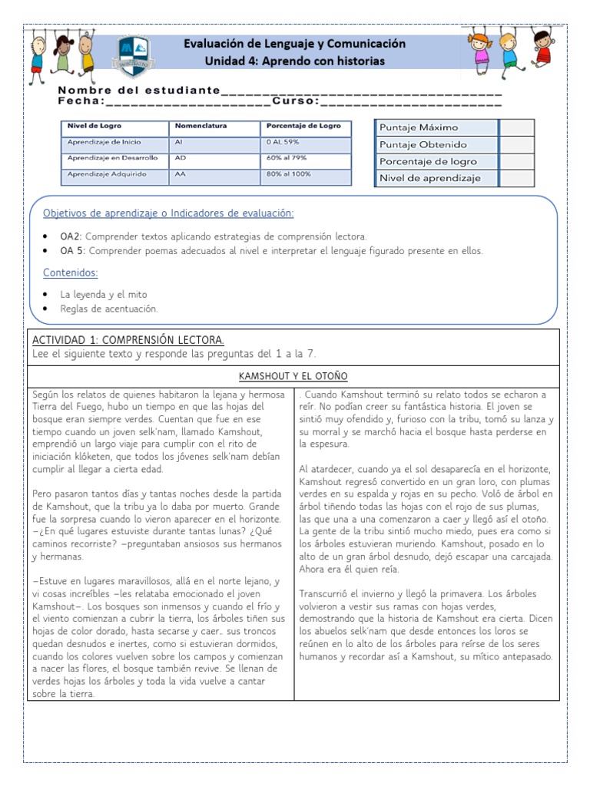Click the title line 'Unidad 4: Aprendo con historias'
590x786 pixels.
coord(295,61)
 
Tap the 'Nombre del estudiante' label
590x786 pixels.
coord(138,91)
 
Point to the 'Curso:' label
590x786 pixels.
coord(296,101)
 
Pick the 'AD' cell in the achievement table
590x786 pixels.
coord(181,158)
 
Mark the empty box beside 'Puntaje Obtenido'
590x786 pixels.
coord(516,144)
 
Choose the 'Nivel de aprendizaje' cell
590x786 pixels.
coord(430,178)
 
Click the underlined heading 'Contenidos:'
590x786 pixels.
coord(71,272)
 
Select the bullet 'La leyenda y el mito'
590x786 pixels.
coord(104,294)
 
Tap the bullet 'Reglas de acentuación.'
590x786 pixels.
coord(109,309)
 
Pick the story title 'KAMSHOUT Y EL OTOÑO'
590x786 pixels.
coord(293,376)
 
